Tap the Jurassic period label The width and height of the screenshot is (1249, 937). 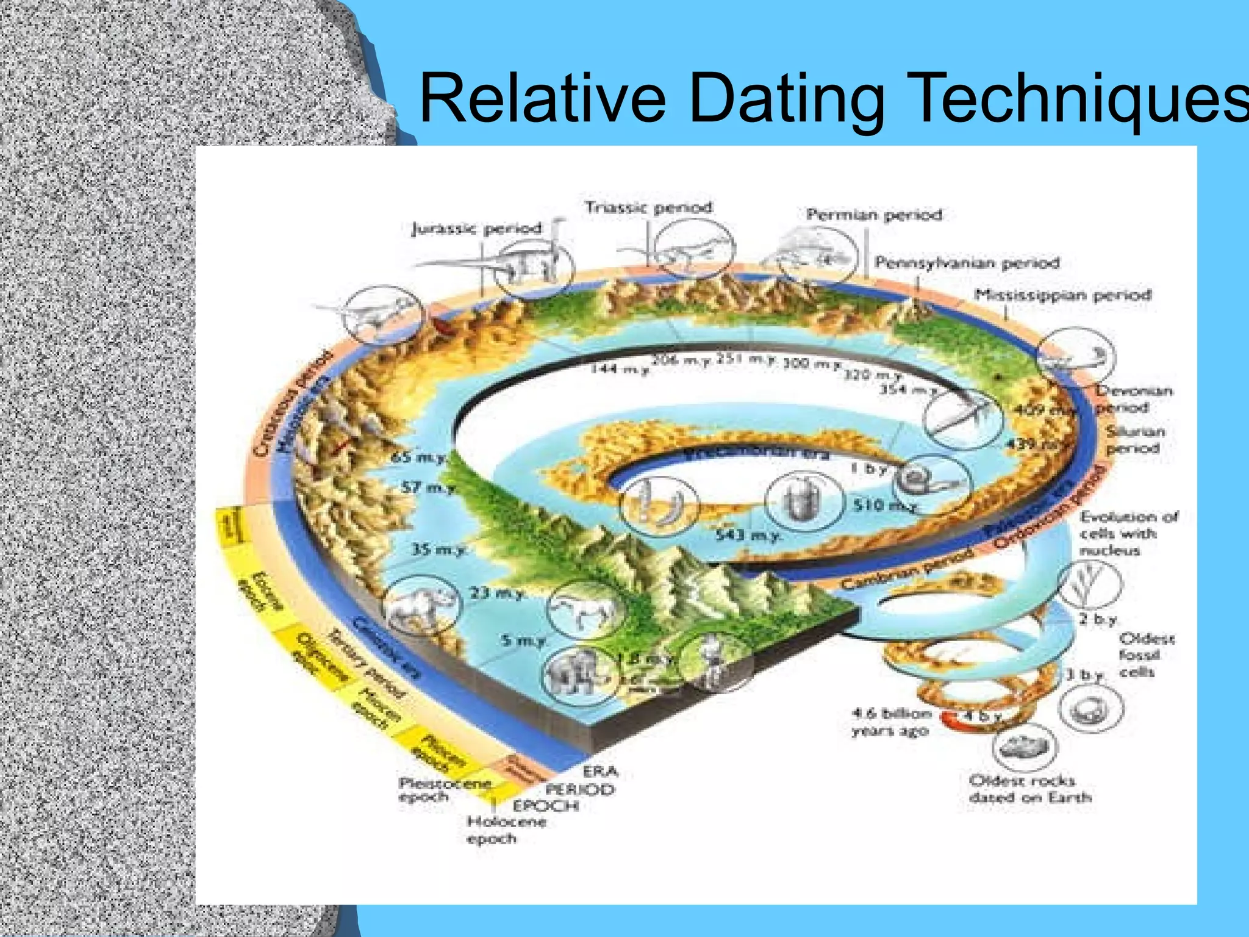[x=476, y=229]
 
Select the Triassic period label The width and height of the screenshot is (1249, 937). [x=648, y=207]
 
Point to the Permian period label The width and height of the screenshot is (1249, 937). [x=874, y=215]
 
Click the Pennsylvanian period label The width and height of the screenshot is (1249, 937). [x=967, y=263]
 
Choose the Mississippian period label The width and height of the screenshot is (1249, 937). [x=1062, y=295]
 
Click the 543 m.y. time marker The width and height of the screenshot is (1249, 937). [x=748, y=536]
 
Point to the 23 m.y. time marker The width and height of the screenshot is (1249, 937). [x=496, y=592]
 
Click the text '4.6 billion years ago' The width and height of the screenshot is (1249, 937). [x=890, y=722]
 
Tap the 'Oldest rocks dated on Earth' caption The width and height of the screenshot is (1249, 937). [x=1029, y=789]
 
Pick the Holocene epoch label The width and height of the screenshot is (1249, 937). [x=506, y=830]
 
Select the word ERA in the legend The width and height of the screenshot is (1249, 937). [x=600, y=772]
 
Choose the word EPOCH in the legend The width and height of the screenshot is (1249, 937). [x=545, y=806]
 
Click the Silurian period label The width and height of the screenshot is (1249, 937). [x=1135, y=439]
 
